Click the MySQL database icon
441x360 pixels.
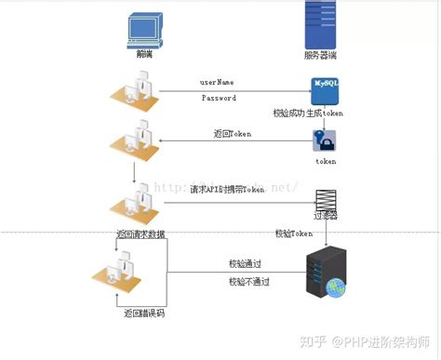pos(327,90)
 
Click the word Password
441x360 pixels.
pos(219,98)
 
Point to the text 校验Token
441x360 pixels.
pos(293,233)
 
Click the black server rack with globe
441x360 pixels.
pos(327,274)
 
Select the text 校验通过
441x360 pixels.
pos(246,264)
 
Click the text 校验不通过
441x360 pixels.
pos(248,280)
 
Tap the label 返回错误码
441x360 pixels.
pos(143,314)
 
